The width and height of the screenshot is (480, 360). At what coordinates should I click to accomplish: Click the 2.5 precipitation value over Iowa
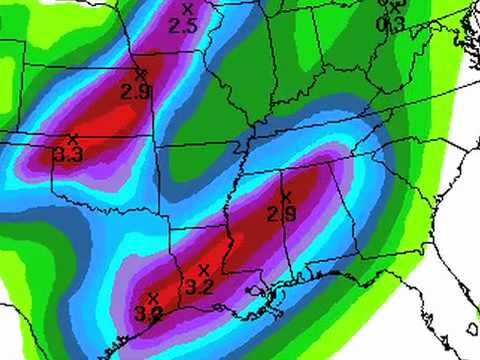(183, 26)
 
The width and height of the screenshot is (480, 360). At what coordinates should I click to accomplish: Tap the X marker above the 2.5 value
(186, 9)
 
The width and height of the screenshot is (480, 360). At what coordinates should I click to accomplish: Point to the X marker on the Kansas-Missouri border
(140, 73)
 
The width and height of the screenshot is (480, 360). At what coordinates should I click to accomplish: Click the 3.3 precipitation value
(68, 155)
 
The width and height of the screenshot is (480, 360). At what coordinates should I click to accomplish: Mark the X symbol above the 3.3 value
(72, 137)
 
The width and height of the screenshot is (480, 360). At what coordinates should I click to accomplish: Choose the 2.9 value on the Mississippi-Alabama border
(282, 213)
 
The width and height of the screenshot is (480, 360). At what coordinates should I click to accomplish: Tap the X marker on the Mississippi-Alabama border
(286, 196)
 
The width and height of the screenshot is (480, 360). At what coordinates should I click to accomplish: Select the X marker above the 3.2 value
(204, 270)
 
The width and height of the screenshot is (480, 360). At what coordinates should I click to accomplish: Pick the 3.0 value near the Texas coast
(149, 314)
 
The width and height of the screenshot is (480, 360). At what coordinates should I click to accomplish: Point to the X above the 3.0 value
(153, 297)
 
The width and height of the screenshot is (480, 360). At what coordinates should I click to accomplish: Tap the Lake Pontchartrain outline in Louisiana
(258, 292)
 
